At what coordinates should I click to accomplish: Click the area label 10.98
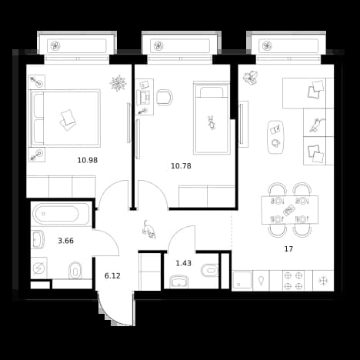pos(88,160)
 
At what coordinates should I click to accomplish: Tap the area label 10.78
pos(181,166)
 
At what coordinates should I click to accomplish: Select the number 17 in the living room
pos(288,248)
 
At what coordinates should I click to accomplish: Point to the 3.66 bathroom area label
pos(66,241)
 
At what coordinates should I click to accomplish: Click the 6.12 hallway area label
pos(112,276)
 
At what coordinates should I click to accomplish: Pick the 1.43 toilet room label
pos(184,263)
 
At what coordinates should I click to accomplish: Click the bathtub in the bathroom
pos(61,214)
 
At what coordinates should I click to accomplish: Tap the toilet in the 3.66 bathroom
pos(75,270)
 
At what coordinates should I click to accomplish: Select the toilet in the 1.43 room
pos(210,271)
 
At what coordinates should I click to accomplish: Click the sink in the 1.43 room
pos(178,282)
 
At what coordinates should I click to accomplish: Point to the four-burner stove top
pos(293,281)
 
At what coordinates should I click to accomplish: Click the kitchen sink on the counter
pos(242,281)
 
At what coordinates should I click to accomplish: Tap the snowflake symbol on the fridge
pos(323,281)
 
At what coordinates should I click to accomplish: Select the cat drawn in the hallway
pos(149,230)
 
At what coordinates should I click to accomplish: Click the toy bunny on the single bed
pos(212,122)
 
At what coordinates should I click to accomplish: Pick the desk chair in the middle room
pos(165,98)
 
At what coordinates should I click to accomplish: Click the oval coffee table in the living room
pos(276,137)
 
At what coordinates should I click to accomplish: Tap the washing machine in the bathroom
pos(39,268)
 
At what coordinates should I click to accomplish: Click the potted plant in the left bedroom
pos(118,83)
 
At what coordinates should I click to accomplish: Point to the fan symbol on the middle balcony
pos(158,46)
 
